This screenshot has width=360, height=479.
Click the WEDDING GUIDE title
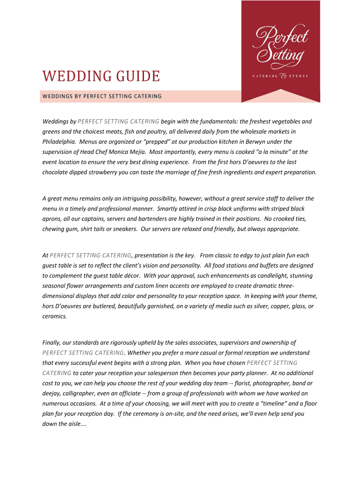pyautogui.click(x=101, y=76)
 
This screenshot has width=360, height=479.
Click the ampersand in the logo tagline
pyautogui.click(x=283, y=75)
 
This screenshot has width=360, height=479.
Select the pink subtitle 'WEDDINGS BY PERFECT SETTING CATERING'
pyautogui.click(x=102, y=96)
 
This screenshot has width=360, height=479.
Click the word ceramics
pyautogui.click(x=55, y=316)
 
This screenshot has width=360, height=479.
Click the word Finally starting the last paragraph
pyautogui.click(x=52, y=343)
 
